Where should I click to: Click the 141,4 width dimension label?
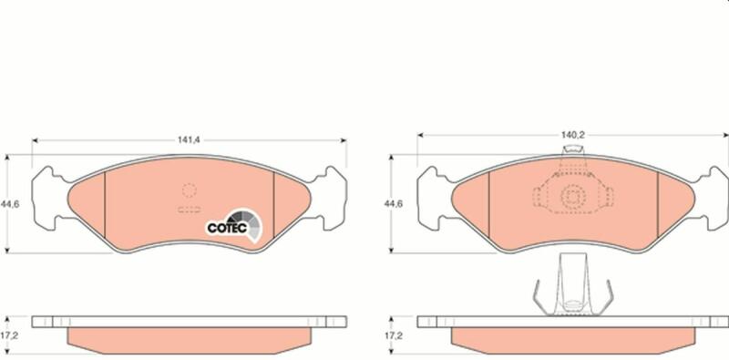(189, 139)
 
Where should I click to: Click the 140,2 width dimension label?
(572, 135)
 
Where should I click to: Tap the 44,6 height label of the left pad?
(9, 204)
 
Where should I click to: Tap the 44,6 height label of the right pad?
(394, 203)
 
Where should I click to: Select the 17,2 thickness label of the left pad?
(9, 334)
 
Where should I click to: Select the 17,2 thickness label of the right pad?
(394, 334)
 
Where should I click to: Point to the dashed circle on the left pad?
(189, 190)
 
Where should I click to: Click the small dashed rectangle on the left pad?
(189, 210)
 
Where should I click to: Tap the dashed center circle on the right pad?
(572, 198)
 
